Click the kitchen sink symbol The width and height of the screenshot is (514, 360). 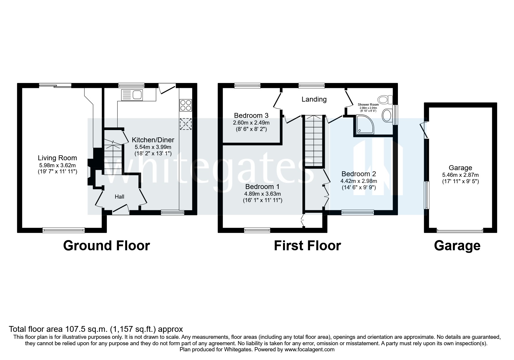click(132, 95)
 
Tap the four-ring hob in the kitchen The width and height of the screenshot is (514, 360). click(186, 105)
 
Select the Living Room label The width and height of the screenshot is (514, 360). click(57, 158)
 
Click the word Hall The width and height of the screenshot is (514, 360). click(119, 197)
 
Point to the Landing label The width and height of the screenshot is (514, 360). click(314, 99)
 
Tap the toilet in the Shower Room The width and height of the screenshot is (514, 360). click(385, 100)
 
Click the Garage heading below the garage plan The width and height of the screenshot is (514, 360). click(457, 246)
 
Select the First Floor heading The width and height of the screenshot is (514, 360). click(307, 246)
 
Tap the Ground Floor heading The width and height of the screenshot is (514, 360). click(106, 246)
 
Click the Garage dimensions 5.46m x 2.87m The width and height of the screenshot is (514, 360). click(460, 175)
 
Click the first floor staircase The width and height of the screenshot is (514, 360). click(313, 141)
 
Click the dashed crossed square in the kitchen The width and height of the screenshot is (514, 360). click(186, 124)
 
